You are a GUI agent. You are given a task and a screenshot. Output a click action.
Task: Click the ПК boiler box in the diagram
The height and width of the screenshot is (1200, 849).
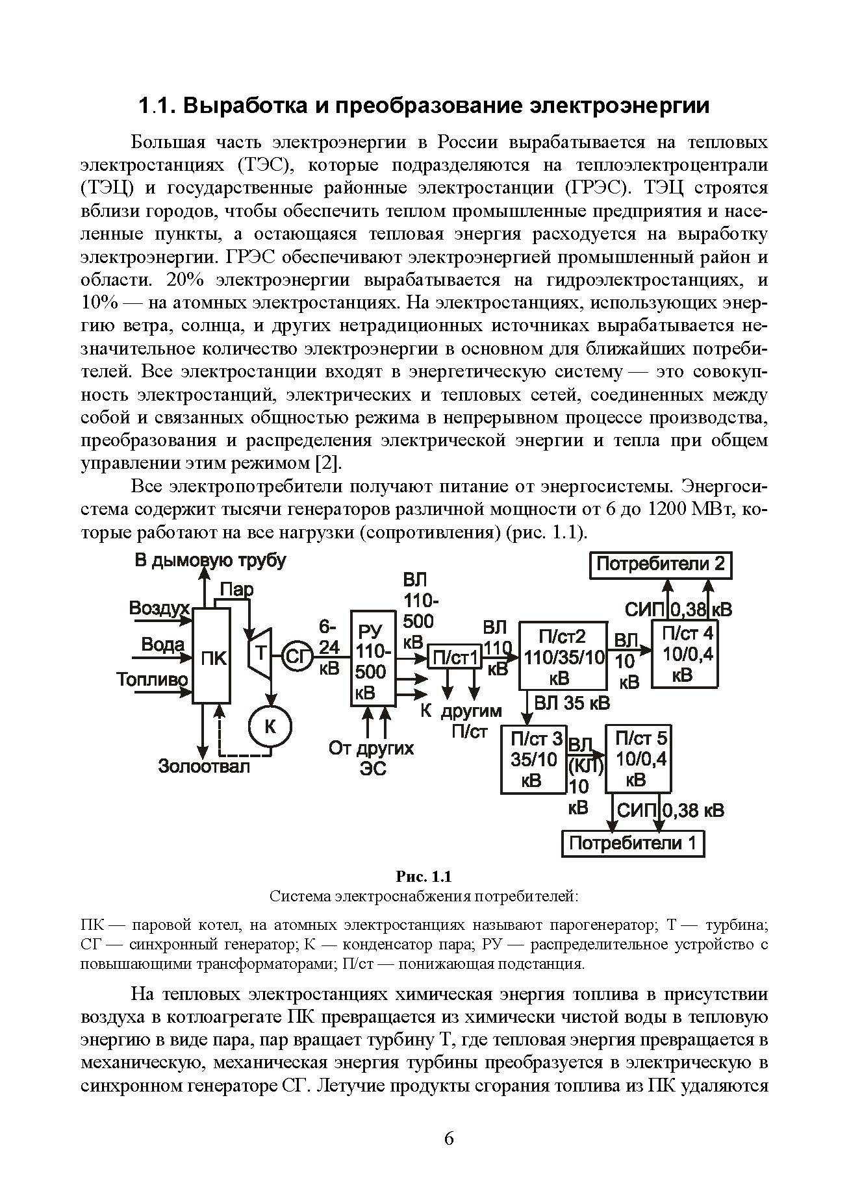pyautogui.click(x=212, y=656)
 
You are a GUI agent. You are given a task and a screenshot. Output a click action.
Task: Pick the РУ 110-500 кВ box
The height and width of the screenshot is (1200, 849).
pyautogui.click(x=372, y=656)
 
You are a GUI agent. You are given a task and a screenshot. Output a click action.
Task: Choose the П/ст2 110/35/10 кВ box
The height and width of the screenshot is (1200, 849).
pyautogui.click(x=563, y=655)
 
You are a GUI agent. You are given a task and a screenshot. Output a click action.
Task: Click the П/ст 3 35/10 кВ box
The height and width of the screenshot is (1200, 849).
pyautogui.click(x=534, y=759)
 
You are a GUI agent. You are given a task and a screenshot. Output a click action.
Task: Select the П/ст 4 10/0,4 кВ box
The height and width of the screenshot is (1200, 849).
pyautogui.click(x=685, y=653)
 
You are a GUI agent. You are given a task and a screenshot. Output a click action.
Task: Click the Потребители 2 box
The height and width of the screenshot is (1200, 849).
pyautogui.click(x=660, y=564)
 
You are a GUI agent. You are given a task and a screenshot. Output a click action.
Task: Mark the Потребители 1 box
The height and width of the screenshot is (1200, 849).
pyautogui.click(x=633, y=844)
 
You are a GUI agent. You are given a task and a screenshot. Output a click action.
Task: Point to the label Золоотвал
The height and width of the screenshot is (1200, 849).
pyautogui.click(x=204, y=766)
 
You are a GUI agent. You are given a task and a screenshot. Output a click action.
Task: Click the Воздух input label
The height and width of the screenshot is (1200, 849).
pyautogui.click(x=159, y=608)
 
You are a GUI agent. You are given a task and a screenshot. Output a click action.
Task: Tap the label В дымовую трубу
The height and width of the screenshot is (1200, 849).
pyautogui.click(x=210, y=560)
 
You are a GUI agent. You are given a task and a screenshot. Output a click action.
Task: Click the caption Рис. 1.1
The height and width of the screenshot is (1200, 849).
pyautogui.click(x=424, y=877)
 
